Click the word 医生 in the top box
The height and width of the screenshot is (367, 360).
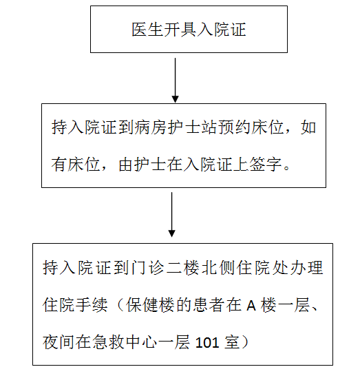pyautogui.click(x=147, y=30)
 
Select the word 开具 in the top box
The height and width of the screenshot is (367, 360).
pyautogui.click(x=180, y=30)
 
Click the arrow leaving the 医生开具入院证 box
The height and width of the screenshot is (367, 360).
pyautogui.click(x=176, y=81)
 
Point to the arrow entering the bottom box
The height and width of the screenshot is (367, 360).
pyautogui.click(x=172, y=215)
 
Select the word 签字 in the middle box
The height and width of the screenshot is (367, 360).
pyautogui.click(x=265, y=165)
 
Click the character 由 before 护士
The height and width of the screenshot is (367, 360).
pyautogui.click(x=126, y=165)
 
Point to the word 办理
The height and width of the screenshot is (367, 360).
pyautogui.click(x=307, y=267)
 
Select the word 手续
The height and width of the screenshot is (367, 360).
pyautogui.click(x=92, y=305)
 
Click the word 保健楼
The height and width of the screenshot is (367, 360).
pyautogui.click(x=150, y=305)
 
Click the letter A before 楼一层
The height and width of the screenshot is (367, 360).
pyautogui.click(x=251, y=306)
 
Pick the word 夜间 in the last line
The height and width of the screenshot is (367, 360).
pyautogui.click(x=59, y=342)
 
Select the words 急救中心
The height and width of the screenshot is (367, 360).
pyautogui.click(x=125, y=342)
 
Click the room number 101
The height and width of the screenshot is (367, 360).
pyautogui.click(x=207, y=343)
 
